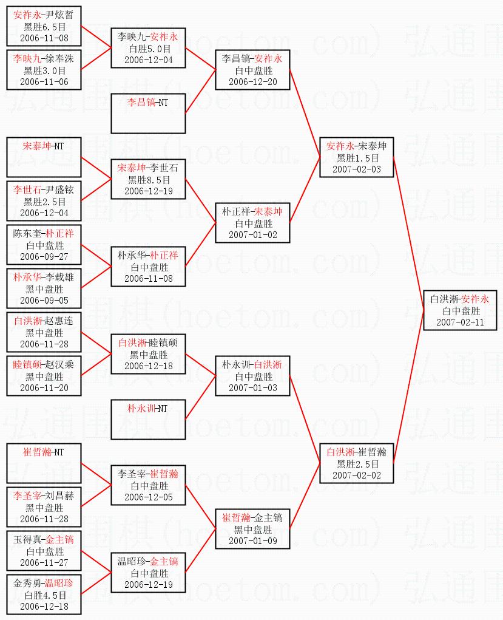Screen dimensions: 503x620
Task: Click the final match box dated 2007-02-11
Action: tap(461, 310)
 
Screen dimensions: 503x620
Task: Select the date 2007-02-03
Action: tap(357, 169)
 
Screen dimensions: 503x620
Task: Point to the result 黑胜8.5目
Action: tap(149, 180)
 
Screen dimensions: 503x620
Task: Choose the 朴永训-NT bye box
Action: tap(148, 420)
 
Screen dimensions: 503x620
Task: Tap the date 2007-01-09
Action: tap(252, 541)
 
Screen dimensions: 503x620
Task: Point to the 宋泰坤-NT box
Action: tap(44, 157)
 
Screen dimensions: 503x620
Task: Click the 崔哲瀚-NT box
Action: tap(44, 463)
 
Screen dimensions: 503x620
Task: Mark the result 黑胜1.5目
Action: tap(357, 158)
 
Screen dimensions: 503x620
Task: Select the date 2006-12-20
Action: tap(252, 82)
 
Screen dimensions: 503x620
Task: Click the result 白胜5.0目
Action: tap(149, 49)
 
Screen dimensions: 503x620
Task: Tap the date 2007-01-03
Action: tap(252, 388)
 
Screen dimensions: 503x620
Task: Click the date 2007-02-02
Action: tap(357, 475)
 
